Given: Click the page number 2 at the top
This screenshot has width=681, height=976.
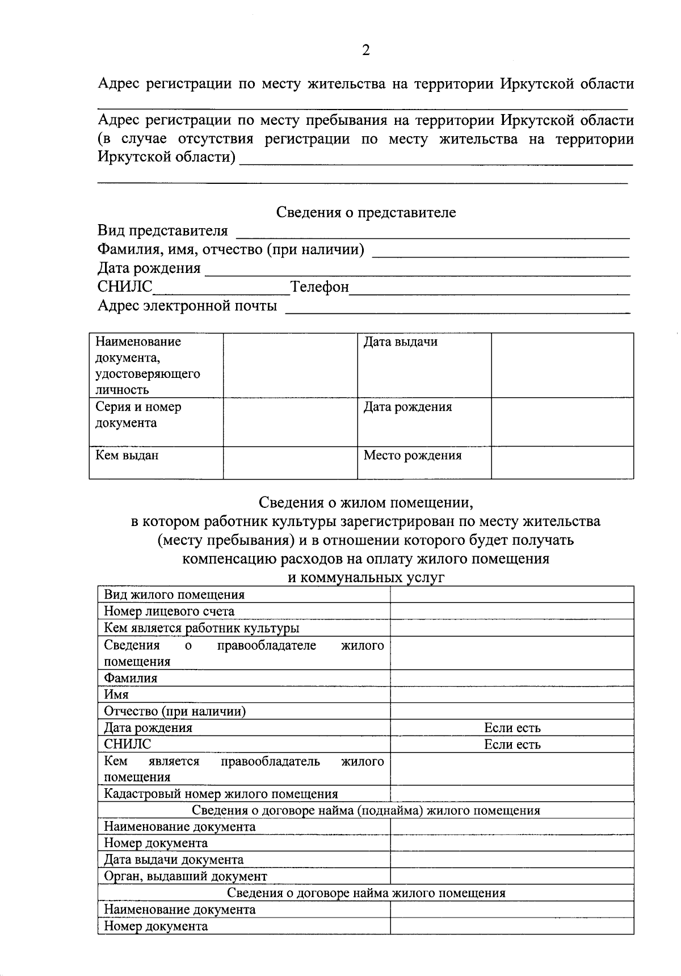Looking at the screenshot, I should [x=365, y=51].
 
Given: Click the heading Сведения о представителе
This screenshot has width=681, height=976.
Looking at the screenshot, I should [x=366, y=213].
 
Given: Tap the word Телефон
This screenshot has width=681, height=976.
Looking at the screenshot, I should [x=320, y=287].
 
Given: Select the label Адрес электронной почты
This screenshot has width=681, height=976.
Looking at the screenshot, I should [x=187, y=306].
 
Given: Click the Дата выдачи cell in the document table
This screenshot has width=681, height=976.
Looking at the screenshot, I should [x=401, y=342].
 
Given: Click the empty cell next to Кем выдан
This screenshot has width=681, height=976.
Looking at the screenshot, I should [x=290, y=462].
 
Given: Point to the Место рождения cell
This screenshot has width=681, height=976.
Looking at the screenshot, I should [x=413, y=456].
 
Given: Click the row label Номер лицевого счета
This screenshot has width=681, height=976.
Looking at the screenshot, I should [x=169, y=611].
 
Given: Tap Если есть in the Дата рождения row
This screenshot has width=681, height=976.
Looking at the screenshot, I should [x=512, y=728].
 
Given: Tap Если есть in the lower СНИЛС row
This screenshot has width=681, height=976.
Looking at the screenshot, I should [x=512, y=744].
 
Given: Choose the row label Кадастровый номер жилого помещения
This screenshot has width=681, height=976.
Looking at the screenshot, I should [x=221, y=794].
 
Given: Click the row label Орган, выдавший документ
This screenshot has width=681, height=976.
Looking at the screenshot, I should [x=186, y=876].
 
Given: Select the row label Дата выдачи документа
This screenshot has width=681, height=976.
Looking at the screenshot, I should [x=174, y=860].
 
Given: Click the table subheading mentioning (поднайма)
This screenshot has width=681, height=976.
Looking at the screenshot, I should [x=366, y=810].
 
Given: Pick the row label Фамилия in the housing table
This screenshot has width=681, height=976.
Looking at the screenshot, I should [x=131, y=678].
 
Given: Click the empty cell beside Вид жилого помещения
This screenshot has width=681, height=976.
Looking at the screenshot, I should [x=512, y=595].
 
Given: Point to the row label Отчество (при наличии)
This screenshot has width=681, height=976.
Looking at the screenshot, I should [x=175, y=712].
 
